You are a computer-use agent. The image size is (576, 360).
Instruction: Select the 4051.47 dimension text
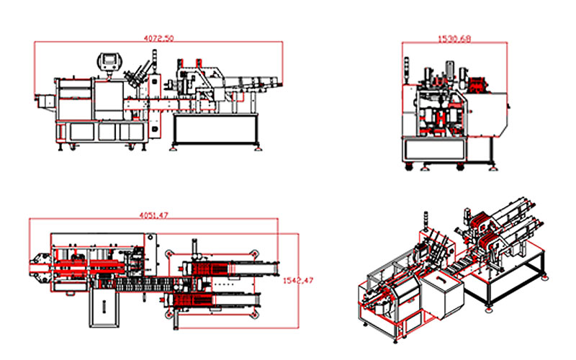click(x=153, y=214)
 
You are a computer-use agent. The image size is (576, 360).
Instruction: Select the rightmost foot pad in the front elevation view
click(x=256, y=149)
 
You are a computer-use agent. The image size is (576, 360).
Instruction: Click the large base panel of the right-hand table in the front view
click(x=214, y=130)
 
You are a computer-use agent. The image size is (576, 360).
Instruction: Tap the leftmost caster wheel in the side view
click(x=408, y=168)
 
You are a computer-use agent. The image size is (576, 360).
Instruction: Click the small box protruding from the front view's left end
click(x=42, y=100)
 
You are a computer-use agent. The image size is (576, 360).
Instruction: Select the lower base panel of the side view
click(x=436, y=149)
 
